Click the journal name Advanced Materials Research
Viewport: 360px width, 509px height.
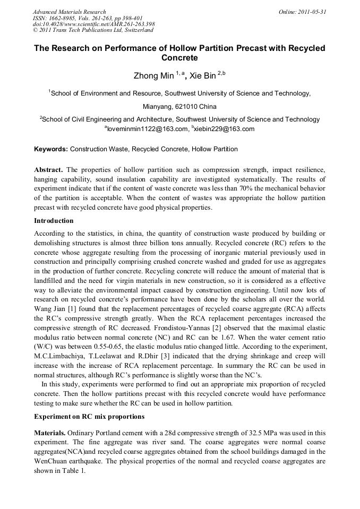pos(69,12)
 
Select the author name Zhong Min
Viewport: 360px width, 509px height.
pos(153,76)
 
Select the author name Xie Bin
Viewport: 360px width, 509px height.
pos(202,76)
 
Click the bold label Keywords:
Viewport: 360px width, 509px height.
pos(51,149)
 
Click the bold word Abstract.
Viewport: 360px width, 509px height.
pos(48,170)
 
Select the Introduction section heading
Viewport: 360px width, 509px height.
pos(54,221)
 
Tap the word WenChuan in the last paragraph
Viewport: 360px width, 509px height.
pos(51,462)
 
